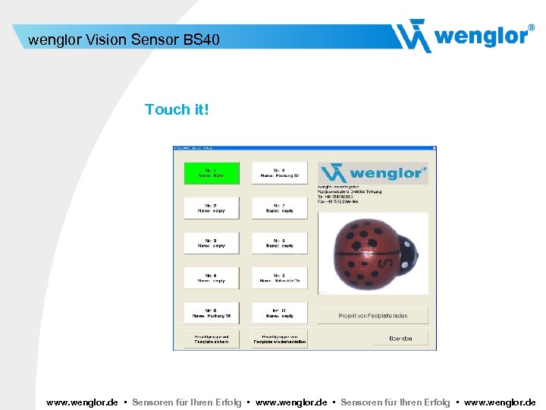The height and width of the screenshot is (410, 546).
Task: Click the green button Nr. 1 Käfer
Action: coord(212,173)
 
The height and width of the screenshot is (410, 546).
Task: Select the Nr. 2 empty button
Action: coord(212,208)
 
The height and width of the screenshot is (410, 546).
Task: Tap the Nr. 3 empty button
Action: coord(212,243)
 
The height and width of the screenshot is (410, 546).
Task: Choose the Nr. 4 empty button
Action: coord(212,278)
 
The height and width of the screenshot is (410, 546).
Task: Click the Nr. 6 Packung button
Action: coord(279,173)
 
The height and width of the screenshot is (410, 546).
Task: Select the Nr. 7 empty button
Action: coord(279,208)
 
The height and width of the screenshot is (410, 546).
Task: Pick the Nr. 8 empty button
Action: coord(279,243)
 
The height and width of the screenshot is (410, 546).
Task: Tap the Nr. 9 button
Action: coord(279,278)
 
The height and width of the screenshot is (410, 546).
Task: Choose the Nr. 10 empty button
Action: coord(279,313)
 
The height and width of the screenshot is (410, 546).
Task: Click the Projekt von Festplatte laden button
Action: coord(373,314)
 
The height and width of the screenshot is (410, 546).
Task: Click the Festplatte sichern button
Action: coord(212,339)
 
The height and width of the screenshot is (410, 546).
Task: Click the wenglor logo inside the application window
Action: coord(372,173)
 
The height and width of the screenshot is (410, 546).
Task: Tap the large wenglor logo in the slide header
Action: coord(463,35)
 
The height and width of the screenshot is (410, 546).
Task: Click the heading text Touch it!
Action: coord(176,109)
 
